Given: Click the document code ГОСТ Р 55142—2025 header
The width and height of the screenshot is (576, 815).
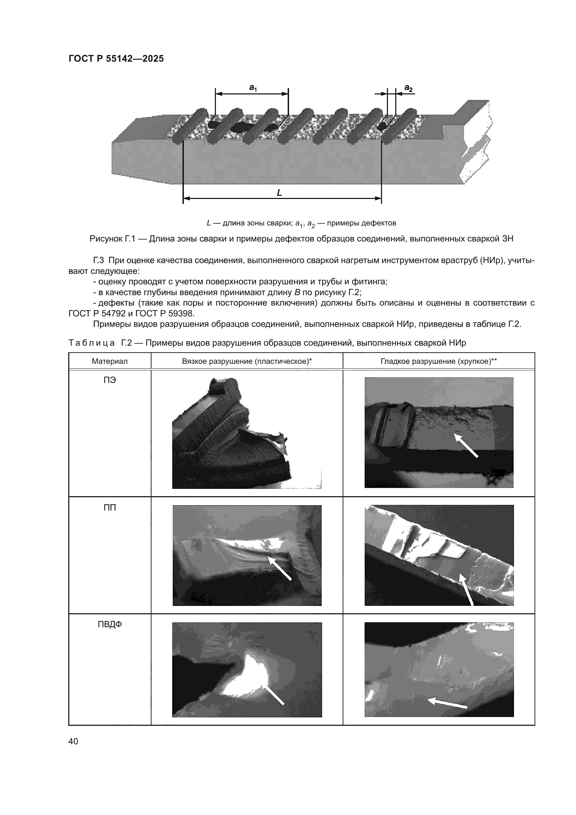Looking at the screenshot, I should [x=116, y=59].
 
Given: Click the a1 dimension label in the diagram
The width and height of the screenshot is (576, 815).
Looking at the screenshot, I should [x=252, y=87].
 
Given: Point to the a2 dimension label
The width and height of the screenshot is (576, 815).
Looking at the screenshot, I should [x=408, y=88].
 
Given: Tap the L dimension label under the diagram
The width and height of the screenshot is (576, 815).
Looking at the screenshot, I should [x=280, y=193].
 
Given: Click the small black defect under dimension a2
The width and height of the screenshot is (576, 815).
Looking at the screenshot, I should [x=383, y=125].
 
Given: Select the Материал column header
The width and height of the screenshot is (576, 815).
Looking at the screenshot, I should [x=110, y=361].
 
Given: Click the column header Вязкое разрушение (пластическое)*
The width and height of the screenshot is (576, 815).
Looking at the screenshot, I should [x=247, y=361].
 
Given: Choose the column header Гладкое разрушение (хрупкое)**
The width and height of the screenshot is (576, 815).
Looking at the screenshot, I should [x=439, y=361].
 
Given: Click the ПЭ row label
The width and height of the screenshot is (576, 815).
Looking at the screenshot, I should [x=110, y=380].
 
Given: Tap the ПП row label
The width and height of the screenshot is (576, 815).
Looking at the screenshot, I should [x=110, y=508].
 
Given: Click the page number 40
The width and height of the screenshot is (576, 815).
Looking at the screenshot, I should [x=73, y=741].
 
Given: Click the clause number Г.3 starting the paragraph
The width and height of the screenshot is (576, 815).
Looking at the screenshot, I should [x=98, y=261].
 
